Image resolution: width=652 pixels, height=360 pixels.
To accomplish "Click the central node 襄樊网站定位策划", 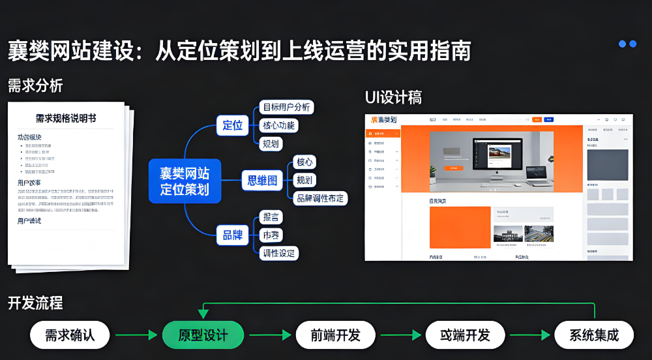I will tap(185, 181).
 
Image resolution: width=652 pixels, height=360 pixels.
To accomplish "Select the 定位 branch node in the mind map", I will tap(232, 125).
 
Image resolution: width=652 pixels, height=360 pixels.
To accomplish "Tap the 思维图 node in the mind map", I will tap(262, 180).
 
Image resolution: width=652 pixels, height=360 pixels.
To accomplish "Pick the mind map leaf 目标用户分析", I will tap(286, 107).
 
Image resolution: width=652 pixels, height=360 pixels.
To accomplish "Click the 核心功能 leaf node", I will tap(278, 125).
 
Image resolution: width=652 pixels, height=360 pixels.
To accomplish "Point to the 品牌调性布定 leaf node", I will tap(319, 198).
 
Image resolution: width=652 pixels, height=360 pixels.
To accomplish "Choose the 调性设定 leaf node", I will tap(278, 252).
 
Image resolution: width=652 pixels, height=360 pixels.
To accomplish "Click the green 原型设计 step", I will tap(203, 335).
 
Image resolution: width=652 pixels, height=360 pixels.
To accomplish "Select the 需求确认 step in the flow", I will tap(70, 335).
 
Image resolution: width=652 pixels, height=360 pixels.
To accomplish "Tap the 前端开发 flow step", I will tap(336, 335).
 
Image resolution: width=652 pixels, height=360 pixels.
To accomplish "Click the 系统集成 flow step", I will tap(593, 335).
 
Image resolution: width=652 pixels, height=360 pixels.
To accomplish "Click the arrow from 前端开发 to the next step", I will tap(400, 335).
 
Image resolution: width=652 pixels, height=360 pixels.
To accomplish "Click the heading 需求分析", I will tap(35, 85).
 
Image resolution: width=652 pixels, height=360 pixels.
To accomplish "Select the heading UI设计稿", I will tap(393, 98).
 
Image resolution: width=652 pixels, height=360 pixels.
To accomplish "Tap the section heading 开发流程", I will tap(35, 303).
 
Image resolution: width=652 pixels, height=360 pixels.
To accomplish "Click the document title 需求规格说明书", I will tap(66, 118).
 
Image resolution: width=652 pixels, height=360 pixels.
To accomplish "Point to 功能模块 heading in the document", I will tap(29, 137).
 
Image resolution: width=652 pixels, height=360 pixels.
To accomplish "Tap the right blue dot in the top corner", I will tap(632, 44).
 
